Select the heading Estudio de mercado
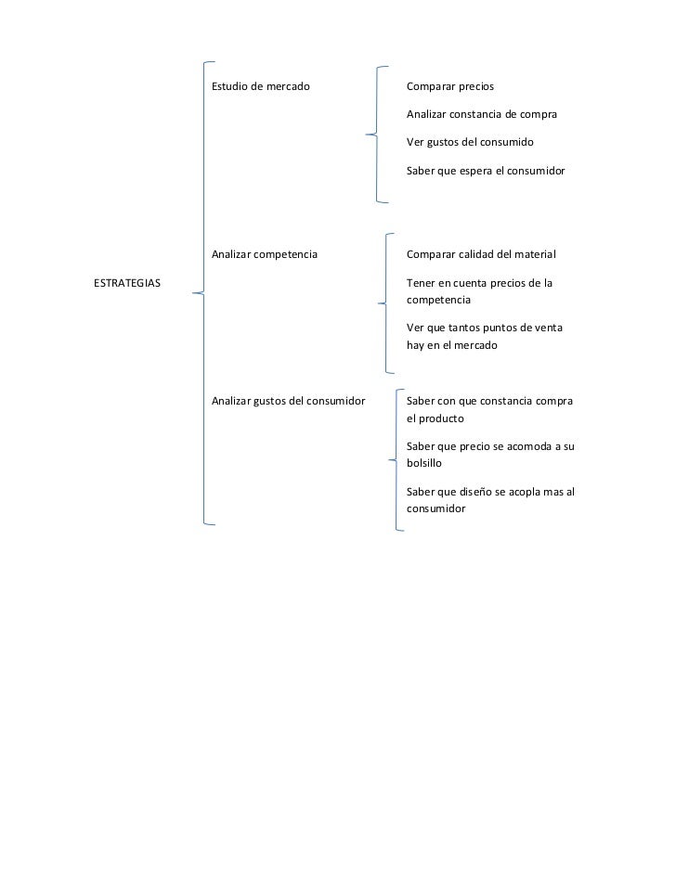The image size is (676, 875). [261, 86]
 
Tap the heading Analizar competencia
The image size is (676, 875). [265, 253]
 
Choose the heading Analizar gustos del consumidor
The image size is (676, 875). [288, 401]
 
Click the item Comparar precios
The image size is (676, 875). [450, 86]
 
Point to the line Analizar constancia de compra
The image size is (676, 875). [482, 115]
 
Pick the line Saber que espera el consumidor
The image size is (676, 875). [486, 172]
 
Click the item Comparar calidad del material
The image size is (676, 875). [481, 253]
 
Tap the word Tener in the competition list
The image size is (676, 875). [422, 282]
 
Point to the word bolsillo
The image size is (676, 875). [425, 462]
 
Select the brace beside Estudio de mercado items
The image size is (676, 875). [374, 135]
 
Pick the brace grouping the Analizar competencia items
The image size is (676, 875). [384, 302]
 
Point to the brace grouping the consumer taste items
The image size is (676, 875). [394, 459]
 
